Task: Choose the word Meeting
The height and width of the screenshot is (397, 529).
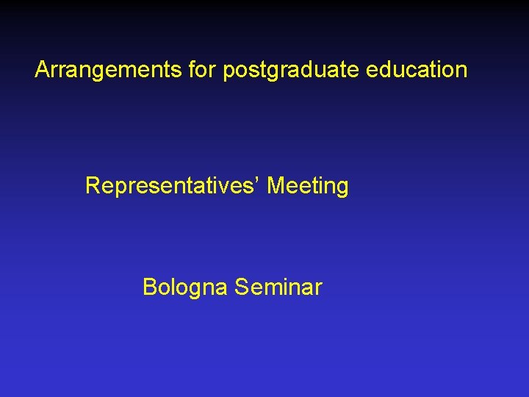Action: point(308,186)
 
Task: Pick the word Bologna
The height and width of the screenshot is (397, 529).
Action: point(185,287)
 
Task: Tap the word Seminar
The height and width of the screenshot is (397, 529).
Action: point(278,287)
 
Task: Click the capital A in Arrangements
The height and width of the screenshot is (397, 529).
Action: point(43,70)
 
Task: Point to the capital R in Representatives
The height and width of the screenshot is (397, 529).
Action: point(93,185)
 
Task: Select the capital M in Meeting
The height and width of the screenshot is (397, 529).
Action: point(276,185)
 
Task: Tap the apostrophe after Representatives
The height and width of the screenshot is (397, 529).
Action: point(259,179)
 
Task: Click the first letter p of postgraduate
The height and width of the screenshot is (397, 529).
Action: point(228,72)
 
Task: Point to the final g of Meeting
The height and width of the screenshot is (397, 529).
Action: point(342,189)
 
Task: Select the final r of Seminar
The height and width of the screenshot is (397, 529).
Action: point(318,288)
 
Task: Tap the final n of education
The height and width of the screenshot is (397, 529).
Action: point(461,71)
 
